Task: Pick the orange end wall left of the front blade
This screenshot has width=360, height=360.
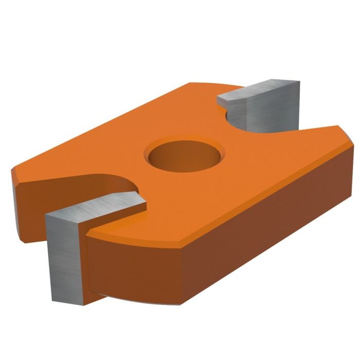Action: tap(31, 206)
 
